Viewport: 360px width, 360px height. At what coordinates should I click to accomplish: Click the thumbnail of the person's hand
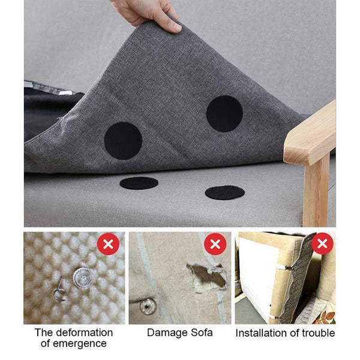(x=175, y=27)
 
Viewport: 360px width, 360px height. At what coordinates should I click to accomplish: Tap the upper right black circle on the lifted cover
(x=224, y=113)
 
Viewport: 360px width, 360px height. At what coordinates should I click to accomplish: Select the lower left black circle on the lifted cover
(x=123, y=141)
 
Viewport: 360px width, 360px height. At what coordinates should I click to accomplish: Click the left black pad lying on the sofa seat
(x=139, y=183)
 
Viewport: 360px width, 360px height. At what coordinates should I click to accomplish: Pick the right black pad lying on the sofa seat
(x=225, y=193)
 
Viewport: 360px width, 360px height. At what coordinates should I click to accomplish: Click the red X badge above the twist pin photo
(x=109, y=244)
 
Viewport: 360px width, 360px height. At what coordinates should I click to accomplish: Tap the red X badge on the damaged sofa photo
(x=215, y=244)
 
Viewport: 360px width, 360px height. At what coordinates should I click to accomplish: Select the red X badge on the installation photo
(x=322, y=244)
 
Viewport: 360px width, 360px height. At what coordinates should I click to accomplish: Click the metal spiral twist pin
(x=59, y=290)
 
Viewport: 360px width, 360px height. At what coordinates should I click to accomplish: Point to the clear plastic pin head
(x=83, y=278)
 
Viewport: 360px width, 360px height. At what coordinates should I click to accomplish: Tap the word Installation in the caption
(x=264, y=333)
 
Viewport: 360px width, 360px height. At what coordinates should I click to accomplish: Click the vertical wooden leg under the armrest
(x=316, y=192)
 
